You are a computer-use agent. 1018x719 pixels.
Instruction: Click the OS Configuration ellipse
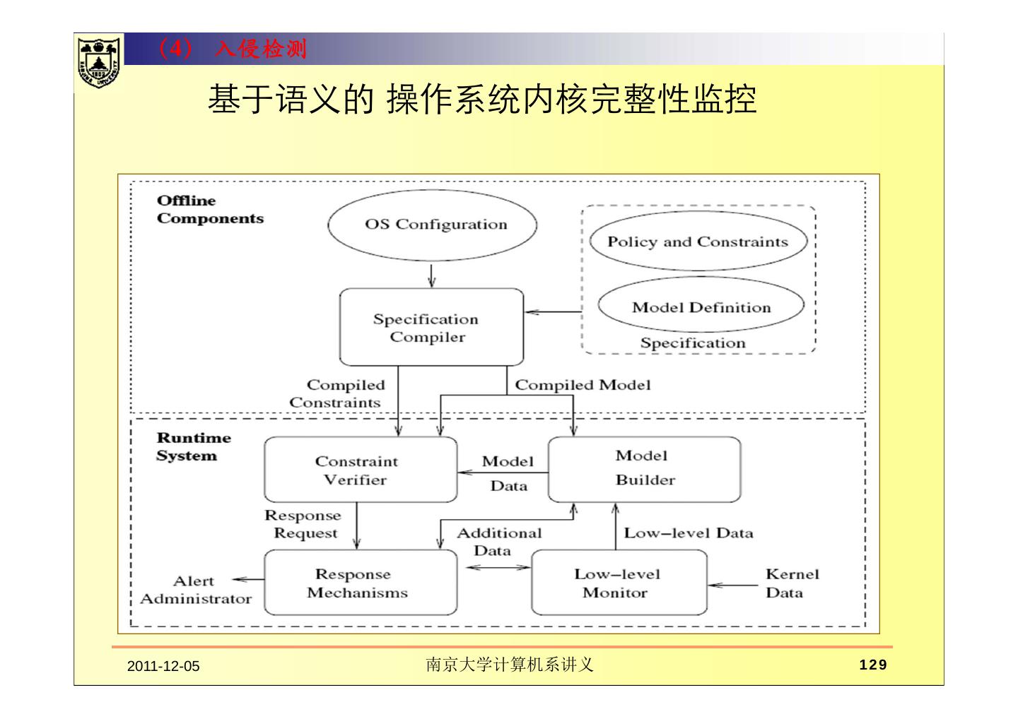pos(432,225)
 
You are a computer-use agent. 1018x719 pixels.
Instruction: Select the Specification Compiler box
pos(431,326)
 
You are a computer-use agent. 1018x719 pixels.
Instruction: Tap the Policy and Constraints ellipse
pos(697,242)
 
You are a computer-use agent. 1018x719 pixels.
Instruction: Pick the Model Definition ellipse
pos(701,307)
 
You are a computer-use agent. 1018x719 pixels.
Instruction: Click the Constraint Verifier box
pos(360,470)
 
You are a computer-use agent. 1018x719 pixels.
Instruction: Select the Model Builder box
pos(644,468)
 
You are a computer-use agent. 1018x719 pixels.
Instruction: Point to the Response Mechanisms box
pos(360,583)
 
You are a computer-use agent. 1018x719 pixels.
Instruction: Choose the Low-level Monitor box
pos(619,583)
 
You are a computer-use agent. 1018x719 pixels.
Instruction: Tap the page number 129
pos(872,665)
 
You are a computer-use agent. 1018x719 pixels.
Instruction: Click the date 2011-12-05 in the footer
pos(163,666)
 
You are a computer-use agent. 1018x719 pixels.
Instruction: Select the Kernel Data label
pos(791,583)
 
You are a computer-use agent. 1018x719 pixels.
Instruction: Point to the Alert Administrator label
pos(195,590)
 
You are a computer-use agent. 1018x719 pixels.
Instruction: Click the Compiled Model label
pos(583,385)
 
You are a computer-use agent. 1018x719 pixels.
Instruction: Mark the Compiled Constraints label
pos(338,393)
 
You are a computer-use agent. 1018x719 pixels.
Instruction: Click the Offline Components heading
pos(209,209)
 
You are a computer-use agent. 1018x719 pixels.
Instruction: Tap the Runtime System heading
pos(193,446)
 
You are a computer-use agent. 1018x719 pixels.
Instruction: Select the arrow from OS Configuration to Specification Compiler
pos(431,274)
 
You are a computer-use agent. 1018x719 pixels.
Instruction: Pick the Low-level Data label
pos(688,533)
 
